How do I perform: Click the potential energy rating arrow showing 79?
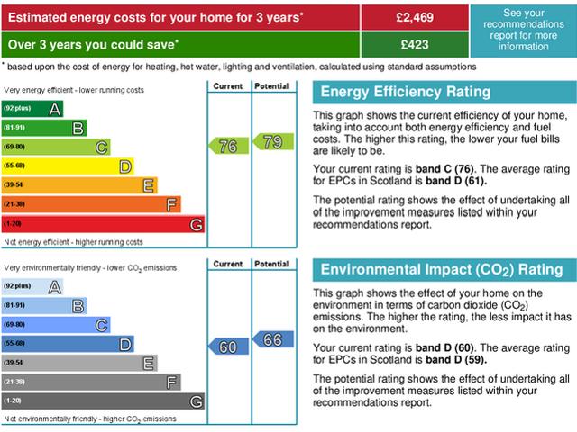click(x=270, y=141)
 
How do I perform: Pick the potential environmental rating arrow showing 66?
click(x=270, y=339)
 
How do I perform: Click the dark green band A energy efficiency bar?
click(x=32, y=109)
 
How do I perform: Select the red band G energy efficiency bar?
click(x=103, y=223)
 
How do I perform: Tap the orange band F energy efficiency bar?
click(x=90, y=204)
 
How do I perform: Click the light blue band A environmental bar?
click(x=32, y=286)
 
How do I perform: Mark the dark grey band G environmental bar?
click(x=103, y=400)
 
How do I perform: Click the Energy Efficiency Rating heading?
click(x=406, y=92)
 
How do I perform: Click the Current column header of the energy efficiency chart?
click(x=228, y=86)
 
